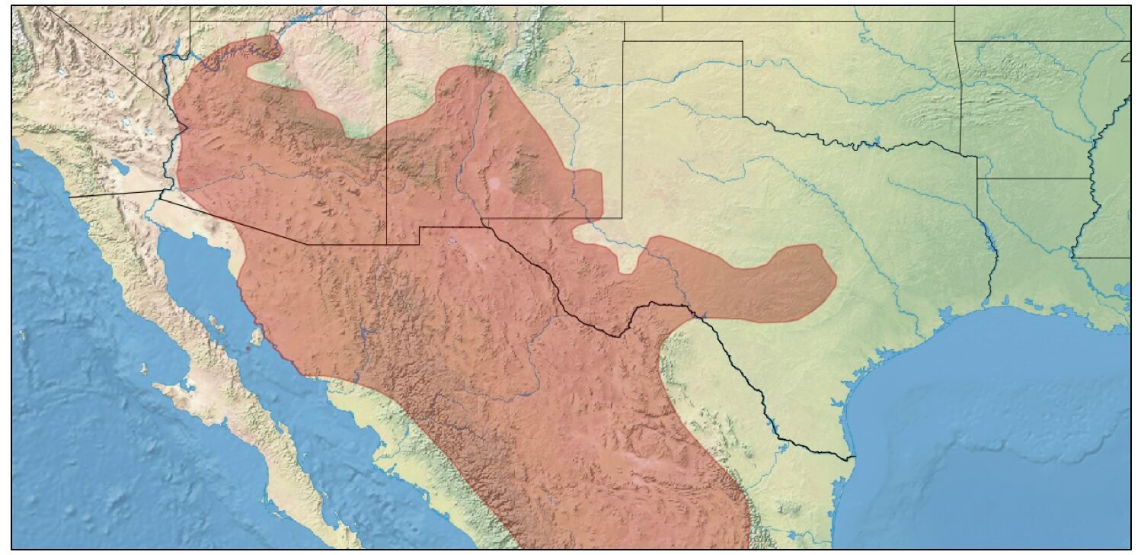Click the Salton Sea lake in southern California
(x=119, y=165)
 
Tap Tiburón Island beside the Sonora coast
(x=257, y=335)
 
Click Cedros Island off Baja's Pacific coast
(x=143, y=369)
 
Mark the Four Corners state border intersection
(x=386, y=21)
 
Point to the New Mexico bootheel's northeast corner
(x=419, y=227)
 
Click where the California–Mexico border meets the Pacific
(x=69, y=197)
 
